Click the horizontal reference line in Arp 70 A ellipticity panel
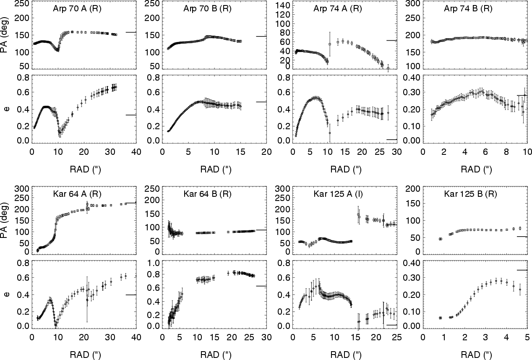point(131,115)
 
